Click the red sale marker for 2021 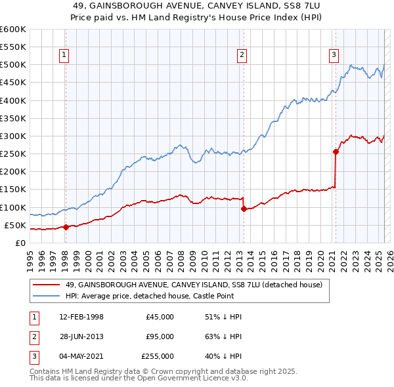[336, 152]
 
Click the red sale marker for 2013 [244, 209]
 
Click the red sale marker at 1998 [66, 227]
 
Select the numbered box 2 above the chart [242, 55]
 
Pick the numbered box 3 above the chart [334, 55]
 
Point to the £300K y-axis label [13, 136]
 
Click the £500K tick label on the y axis [13, 65]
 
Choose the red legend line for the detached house [47, 285]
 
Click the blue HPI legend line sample [47, 296]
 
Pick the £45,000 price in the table [160, 317]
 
